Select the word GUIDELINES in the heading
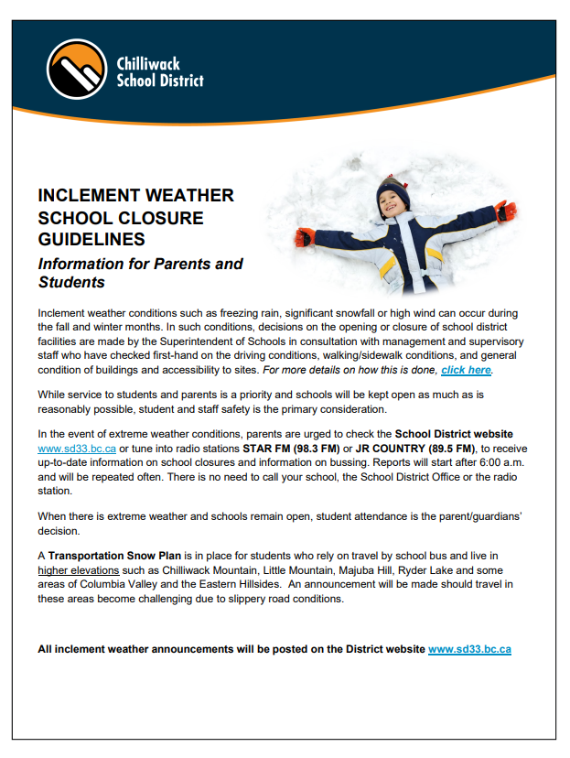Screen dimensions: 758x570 (x=91, y=240)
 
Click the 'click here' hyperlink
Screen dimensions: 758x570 (x=467, y=370)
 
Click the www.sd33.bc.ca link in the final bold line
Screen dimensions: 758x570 (x=469, y=649)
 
